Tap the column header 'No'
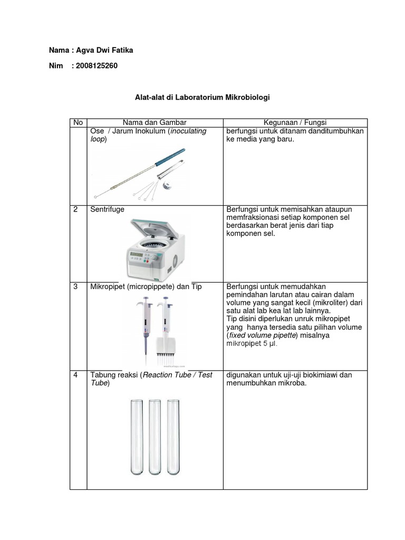tap(78, 122)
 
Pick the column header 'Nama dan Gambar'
tap(155, 122)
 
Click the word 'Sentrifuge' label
tap(108, 209)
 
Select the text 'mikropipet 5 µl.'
tap(252, 343)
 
